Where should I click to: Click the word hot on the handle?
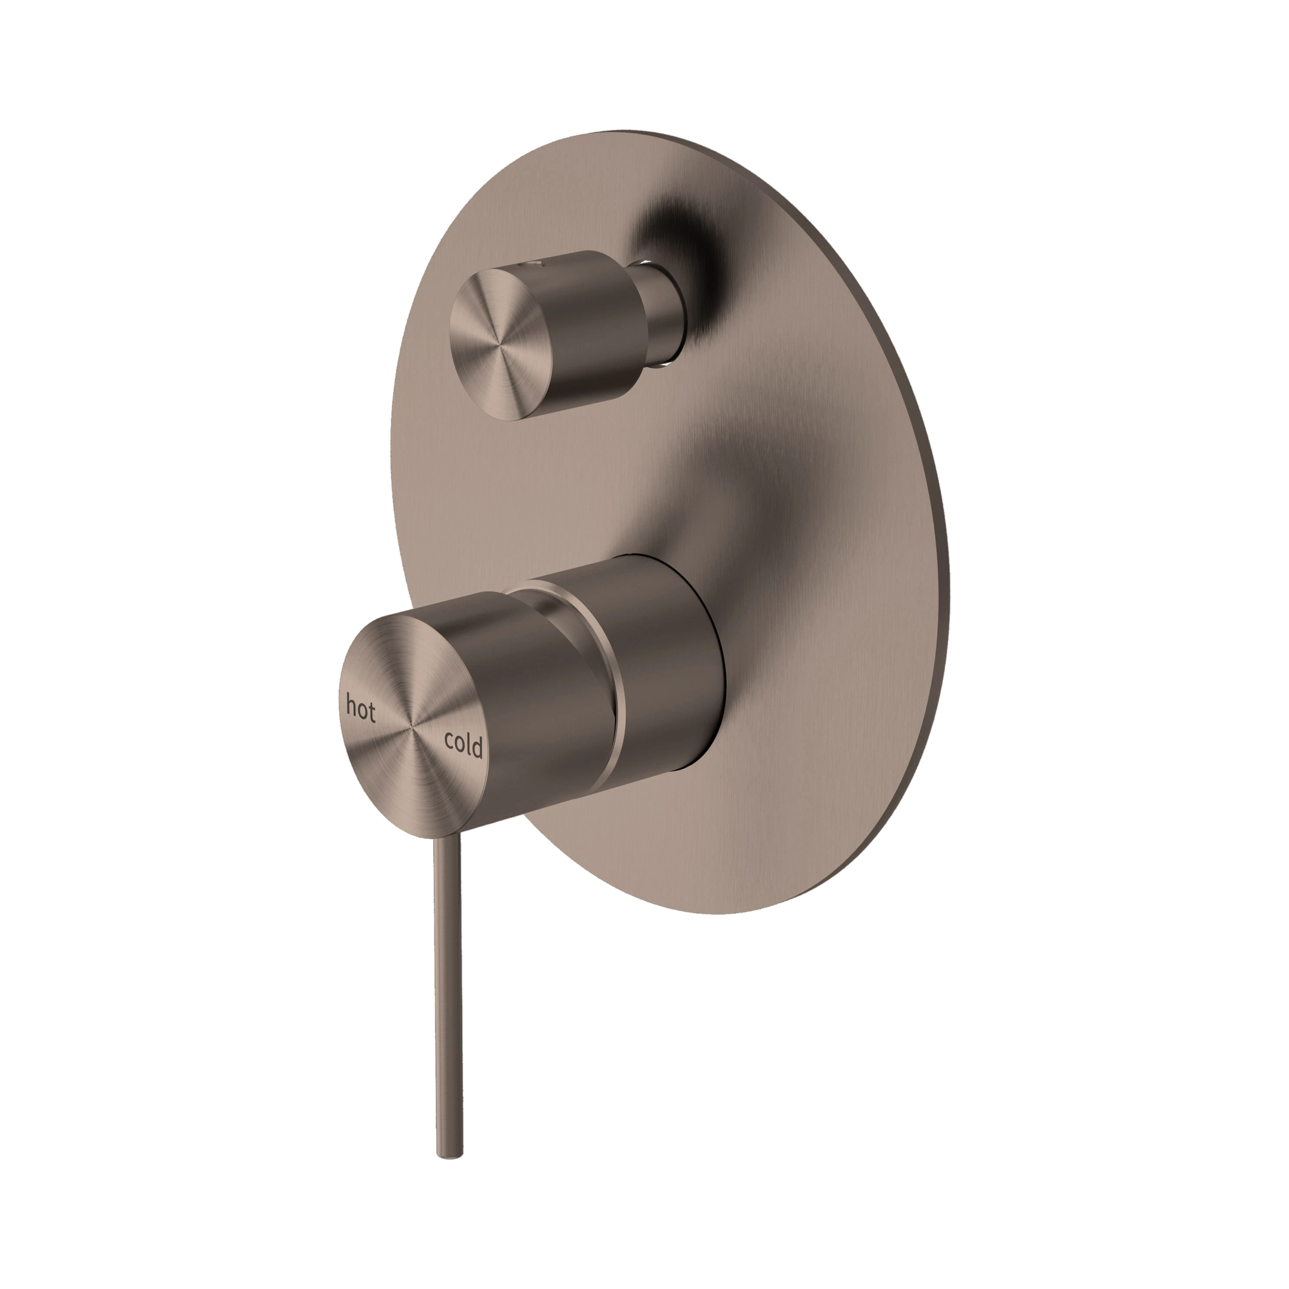point(360,708)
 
